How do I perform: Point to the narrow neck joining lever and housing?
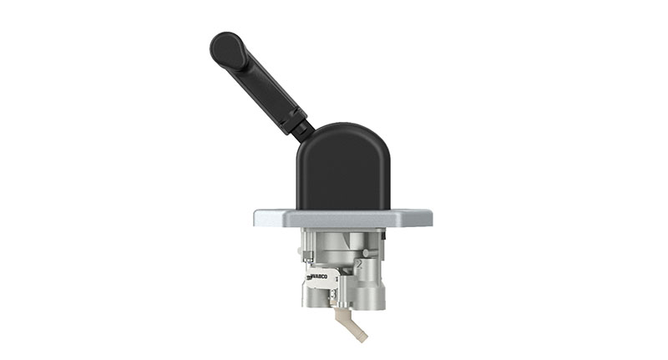tap(304, 128)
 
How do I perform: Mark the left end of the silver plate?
tap(258, 218)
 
